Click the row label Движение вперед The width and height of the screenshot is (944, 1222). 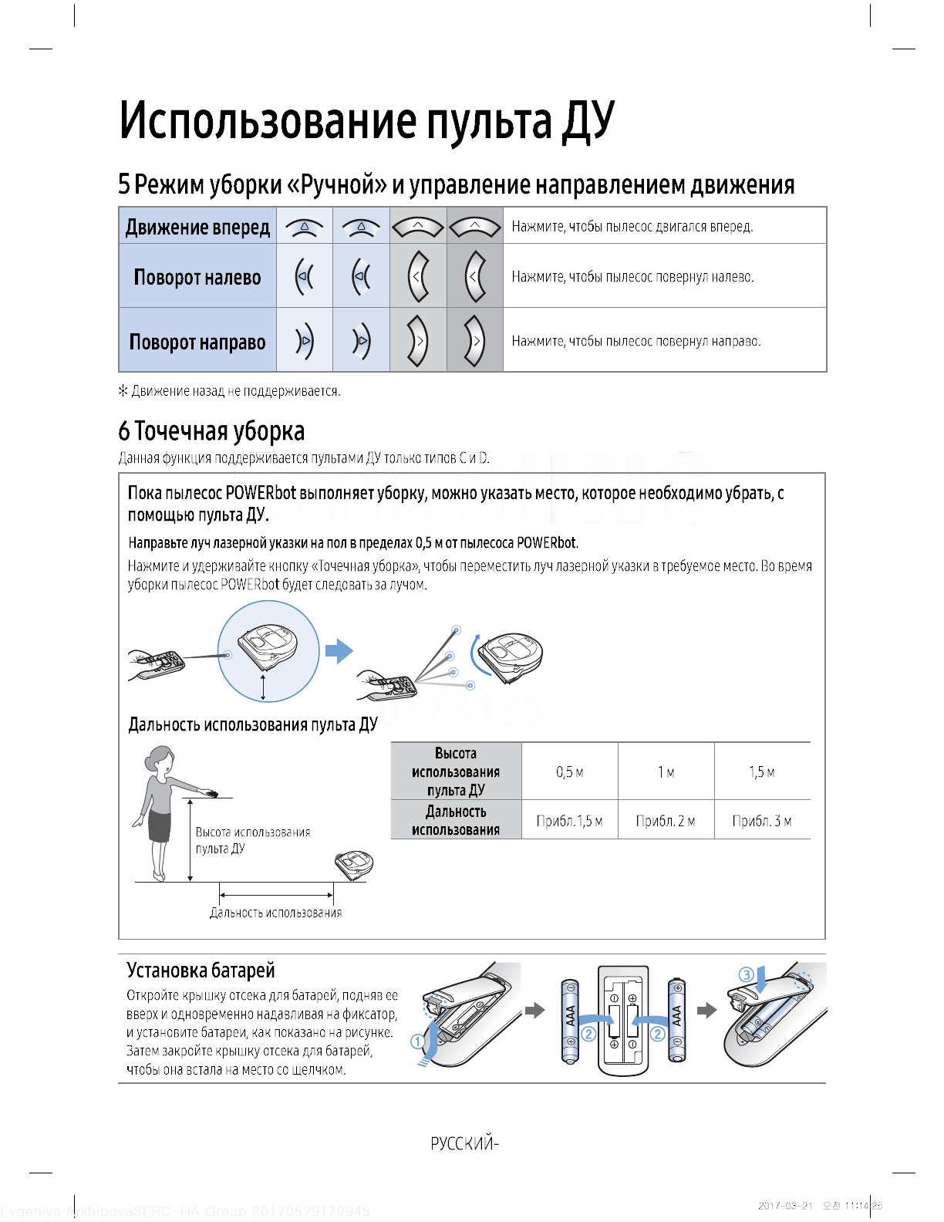tap(197, 227)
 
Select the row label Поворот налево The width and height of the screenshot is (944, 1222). tap(197, 277)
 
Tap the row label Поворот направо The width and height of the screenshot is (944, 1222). tap(197, 342)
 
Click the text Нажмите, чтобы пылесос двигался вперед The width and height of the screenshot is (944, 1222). tap(632, 227)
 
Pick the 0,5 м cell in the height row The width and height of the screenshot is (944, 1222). tap(569, 772)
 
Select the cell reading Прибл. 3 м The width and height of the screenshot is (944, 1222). tap(762, 821)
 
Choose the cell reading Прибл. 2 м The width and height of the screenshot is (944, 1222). tap(666, 821)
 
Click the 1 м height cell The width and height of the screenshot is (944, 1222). tap(666, 772)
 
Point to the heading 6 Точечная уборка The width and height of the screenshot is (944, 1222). tap(211, 431)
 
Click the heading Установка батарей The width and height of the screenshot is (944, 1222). tap(201, 970)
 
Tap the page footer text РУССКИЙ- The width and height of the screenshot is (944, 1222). tap(464, 1143)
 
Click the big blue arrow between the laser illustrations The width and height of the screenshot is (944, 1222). tap(339, 651)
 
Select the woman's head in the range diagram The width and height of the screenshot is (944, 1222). tap(160, 757)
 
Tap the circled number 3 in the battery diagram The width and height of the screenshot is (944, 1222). tap(746, 974)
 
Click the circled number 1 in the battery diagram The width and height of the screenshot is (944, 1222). tap(417, 1041)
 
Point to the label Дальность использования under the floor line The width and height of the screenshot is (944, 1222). tap(275, 913)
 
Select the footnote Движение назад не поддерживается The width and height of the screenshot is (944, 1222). tap(229, 391)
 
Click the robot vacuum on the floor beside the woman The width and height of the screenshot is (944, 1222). tap(355, 863)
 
